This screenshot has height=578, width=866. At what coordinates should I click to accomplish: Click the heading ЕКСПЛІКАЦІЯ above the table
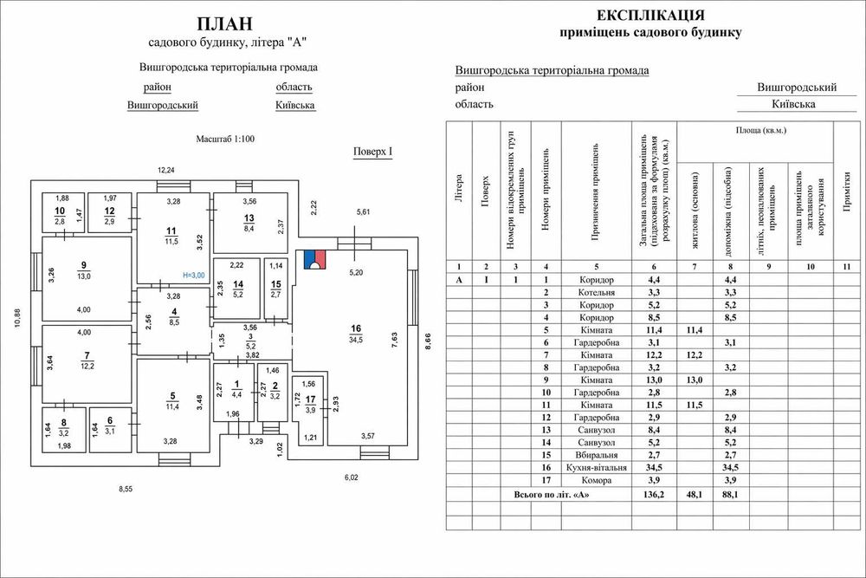point(650,16)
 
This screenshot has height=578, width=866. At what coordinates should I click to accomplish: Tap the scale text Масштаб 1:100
point(225,139)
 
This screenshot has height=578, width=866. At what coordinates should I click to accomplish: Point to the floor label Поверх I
point(373,153)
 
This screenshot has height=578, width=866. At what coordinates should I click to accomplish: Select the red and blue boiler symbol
point(313,257)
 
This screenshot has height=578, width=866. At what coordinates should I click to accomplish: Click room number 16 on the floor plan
point(355,328)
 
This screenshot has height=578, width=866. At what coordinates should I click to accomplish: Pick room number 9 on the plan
point(84,265)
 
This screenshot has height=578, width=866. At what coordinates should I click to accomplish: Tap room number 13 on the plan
point(249,218)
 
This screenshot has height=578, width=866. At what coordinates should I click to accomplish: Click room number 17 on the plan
point(310,399)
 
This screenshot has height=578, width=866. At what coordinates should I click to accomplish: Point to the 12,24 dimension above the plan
point(165,170)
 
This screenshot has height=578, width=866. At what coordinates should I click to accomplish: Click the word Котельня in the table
point(597,293)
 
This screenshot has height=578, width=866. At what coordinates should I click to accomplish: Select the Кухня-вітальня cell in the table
point(597,468)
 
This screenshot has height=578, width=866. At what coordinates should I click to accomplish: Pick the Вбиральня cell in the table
point(597,455)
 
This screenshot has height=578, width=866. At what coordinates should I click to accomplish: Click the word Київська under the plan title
point(294,106)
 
